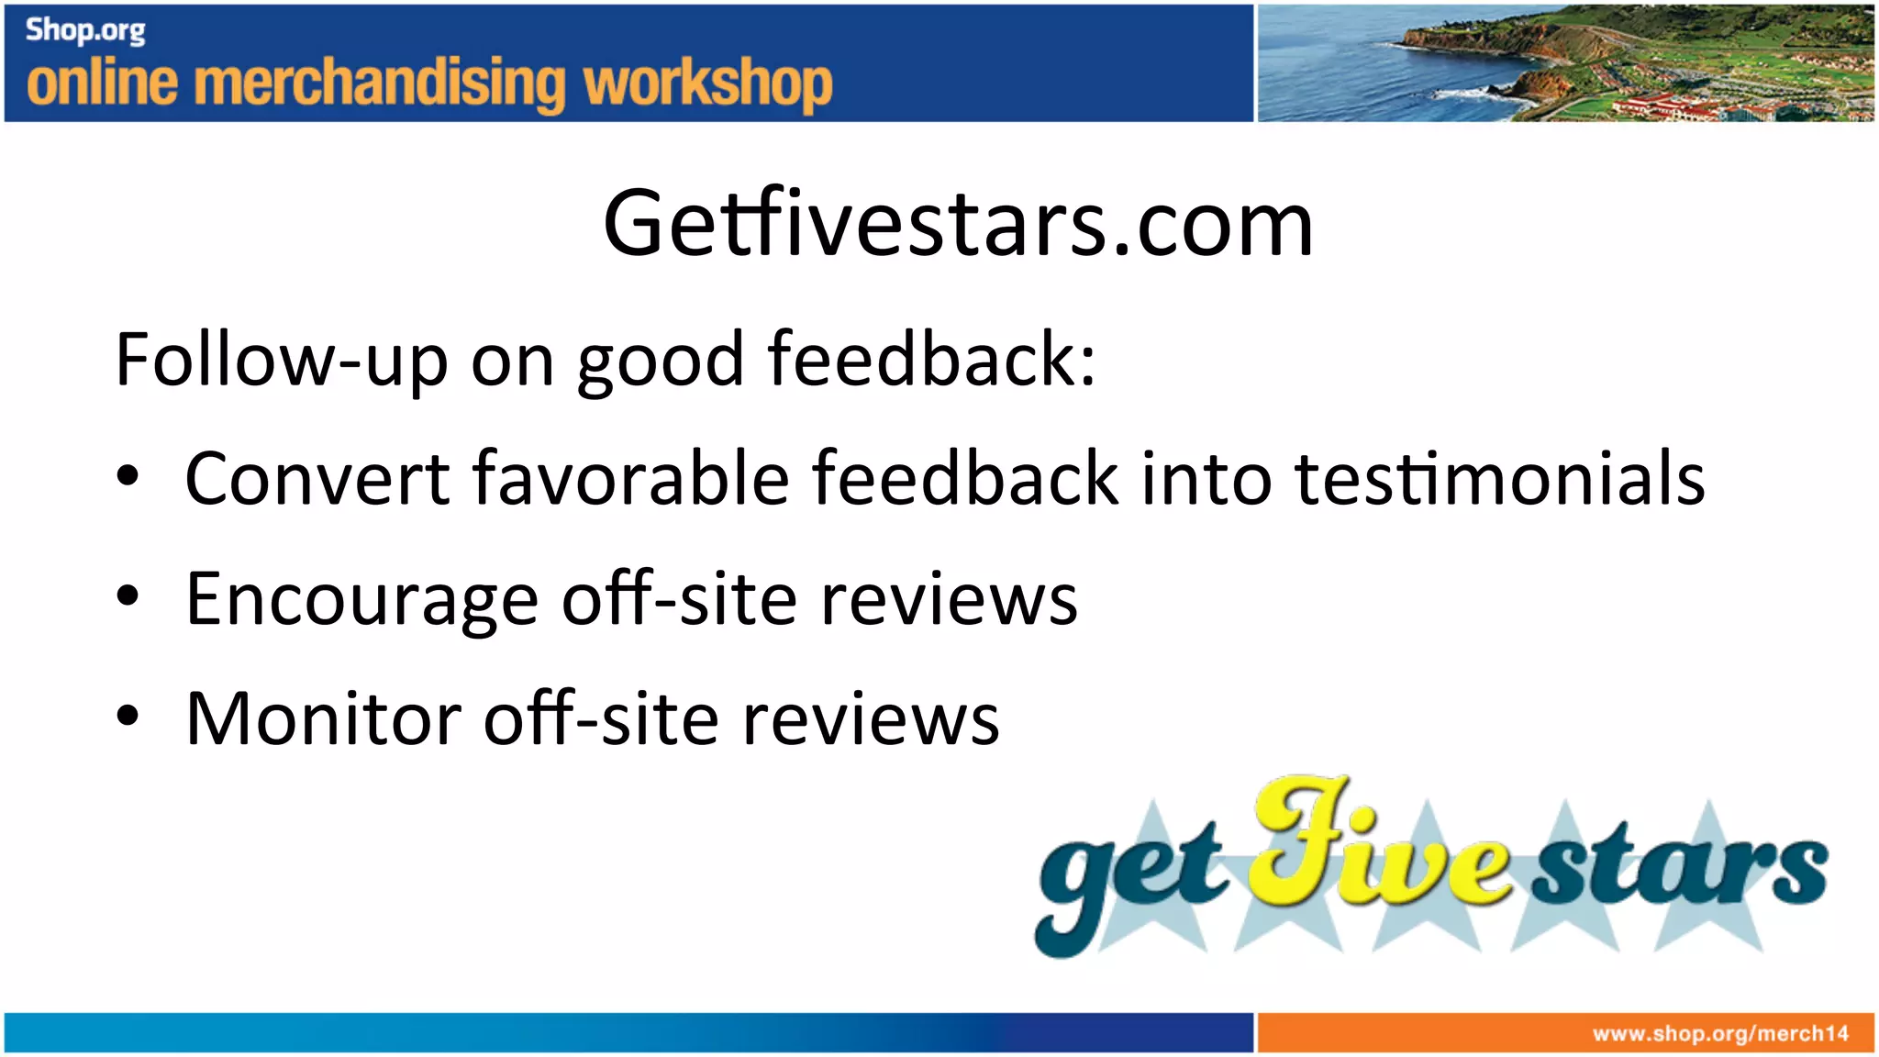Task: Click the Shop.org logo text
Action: coord(85,30)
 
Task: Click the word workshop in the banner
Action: coord(707,84)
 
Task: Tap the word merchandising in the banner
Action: coord(381,84)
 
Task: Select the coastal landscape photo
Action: coord(1565,62)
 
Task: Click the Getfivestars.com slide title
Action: coord(958,223)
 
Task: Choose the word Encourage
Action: coord(361,600)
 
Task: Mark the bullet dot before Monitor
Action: coord(128,716)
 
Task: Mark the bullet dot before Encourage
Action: coord(128,596)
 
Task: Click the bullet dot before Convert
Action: coord(128,476)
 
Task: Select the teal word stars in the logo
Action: coord(1679,867)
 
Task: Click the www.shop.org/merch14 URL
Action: coord(1720,1034)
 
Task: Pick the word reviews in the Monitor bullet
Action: coord(870,718)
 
